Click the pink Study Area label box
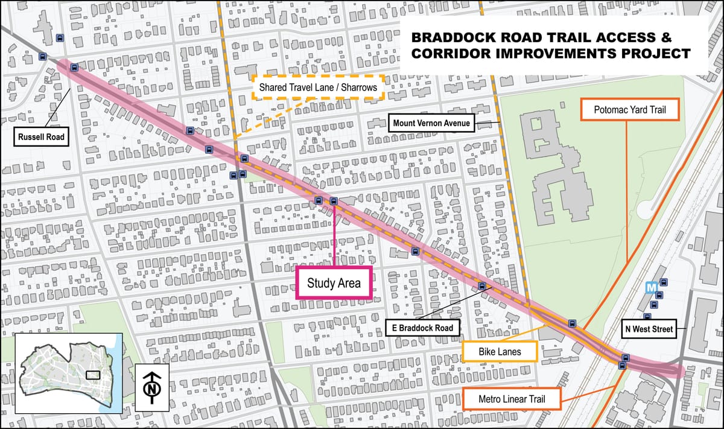coord(334,283)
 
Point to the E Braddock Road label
coord(422,328)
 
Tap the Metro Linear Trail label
coord(512,398)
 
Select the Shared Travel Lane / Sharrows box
coord(318,87)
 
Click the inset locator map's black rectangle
coord(94,374)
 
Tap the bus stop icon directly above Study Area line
coord(334,201)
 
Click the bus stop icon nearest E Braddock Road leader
coord(481,285)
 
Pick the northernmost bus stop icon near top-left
coord(60,38)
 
